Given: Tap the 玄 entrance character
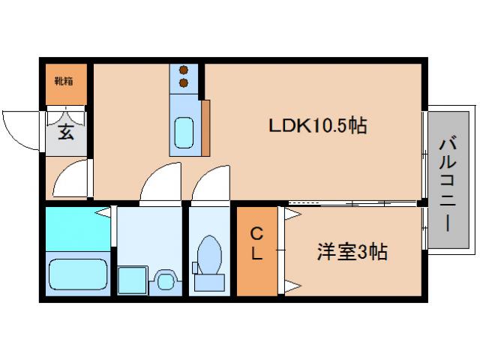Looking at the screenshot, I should point(67,133).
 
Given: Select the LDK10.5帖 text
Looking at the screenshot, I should point(318,126).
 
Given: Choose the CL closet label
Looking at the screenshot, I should point(256,244).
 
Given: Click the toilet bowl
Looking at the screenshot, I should point(209,255).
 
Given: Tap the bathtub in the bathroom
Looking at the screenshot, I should point(77,274).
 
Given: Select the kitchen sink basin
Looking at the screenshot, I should point(184,133).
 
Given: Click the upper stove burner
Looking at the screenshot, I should point(184,72).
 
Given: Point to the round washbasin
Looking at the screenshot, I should point(165,281).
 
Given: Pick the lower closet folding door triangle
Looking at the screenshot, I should point(290,285).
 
